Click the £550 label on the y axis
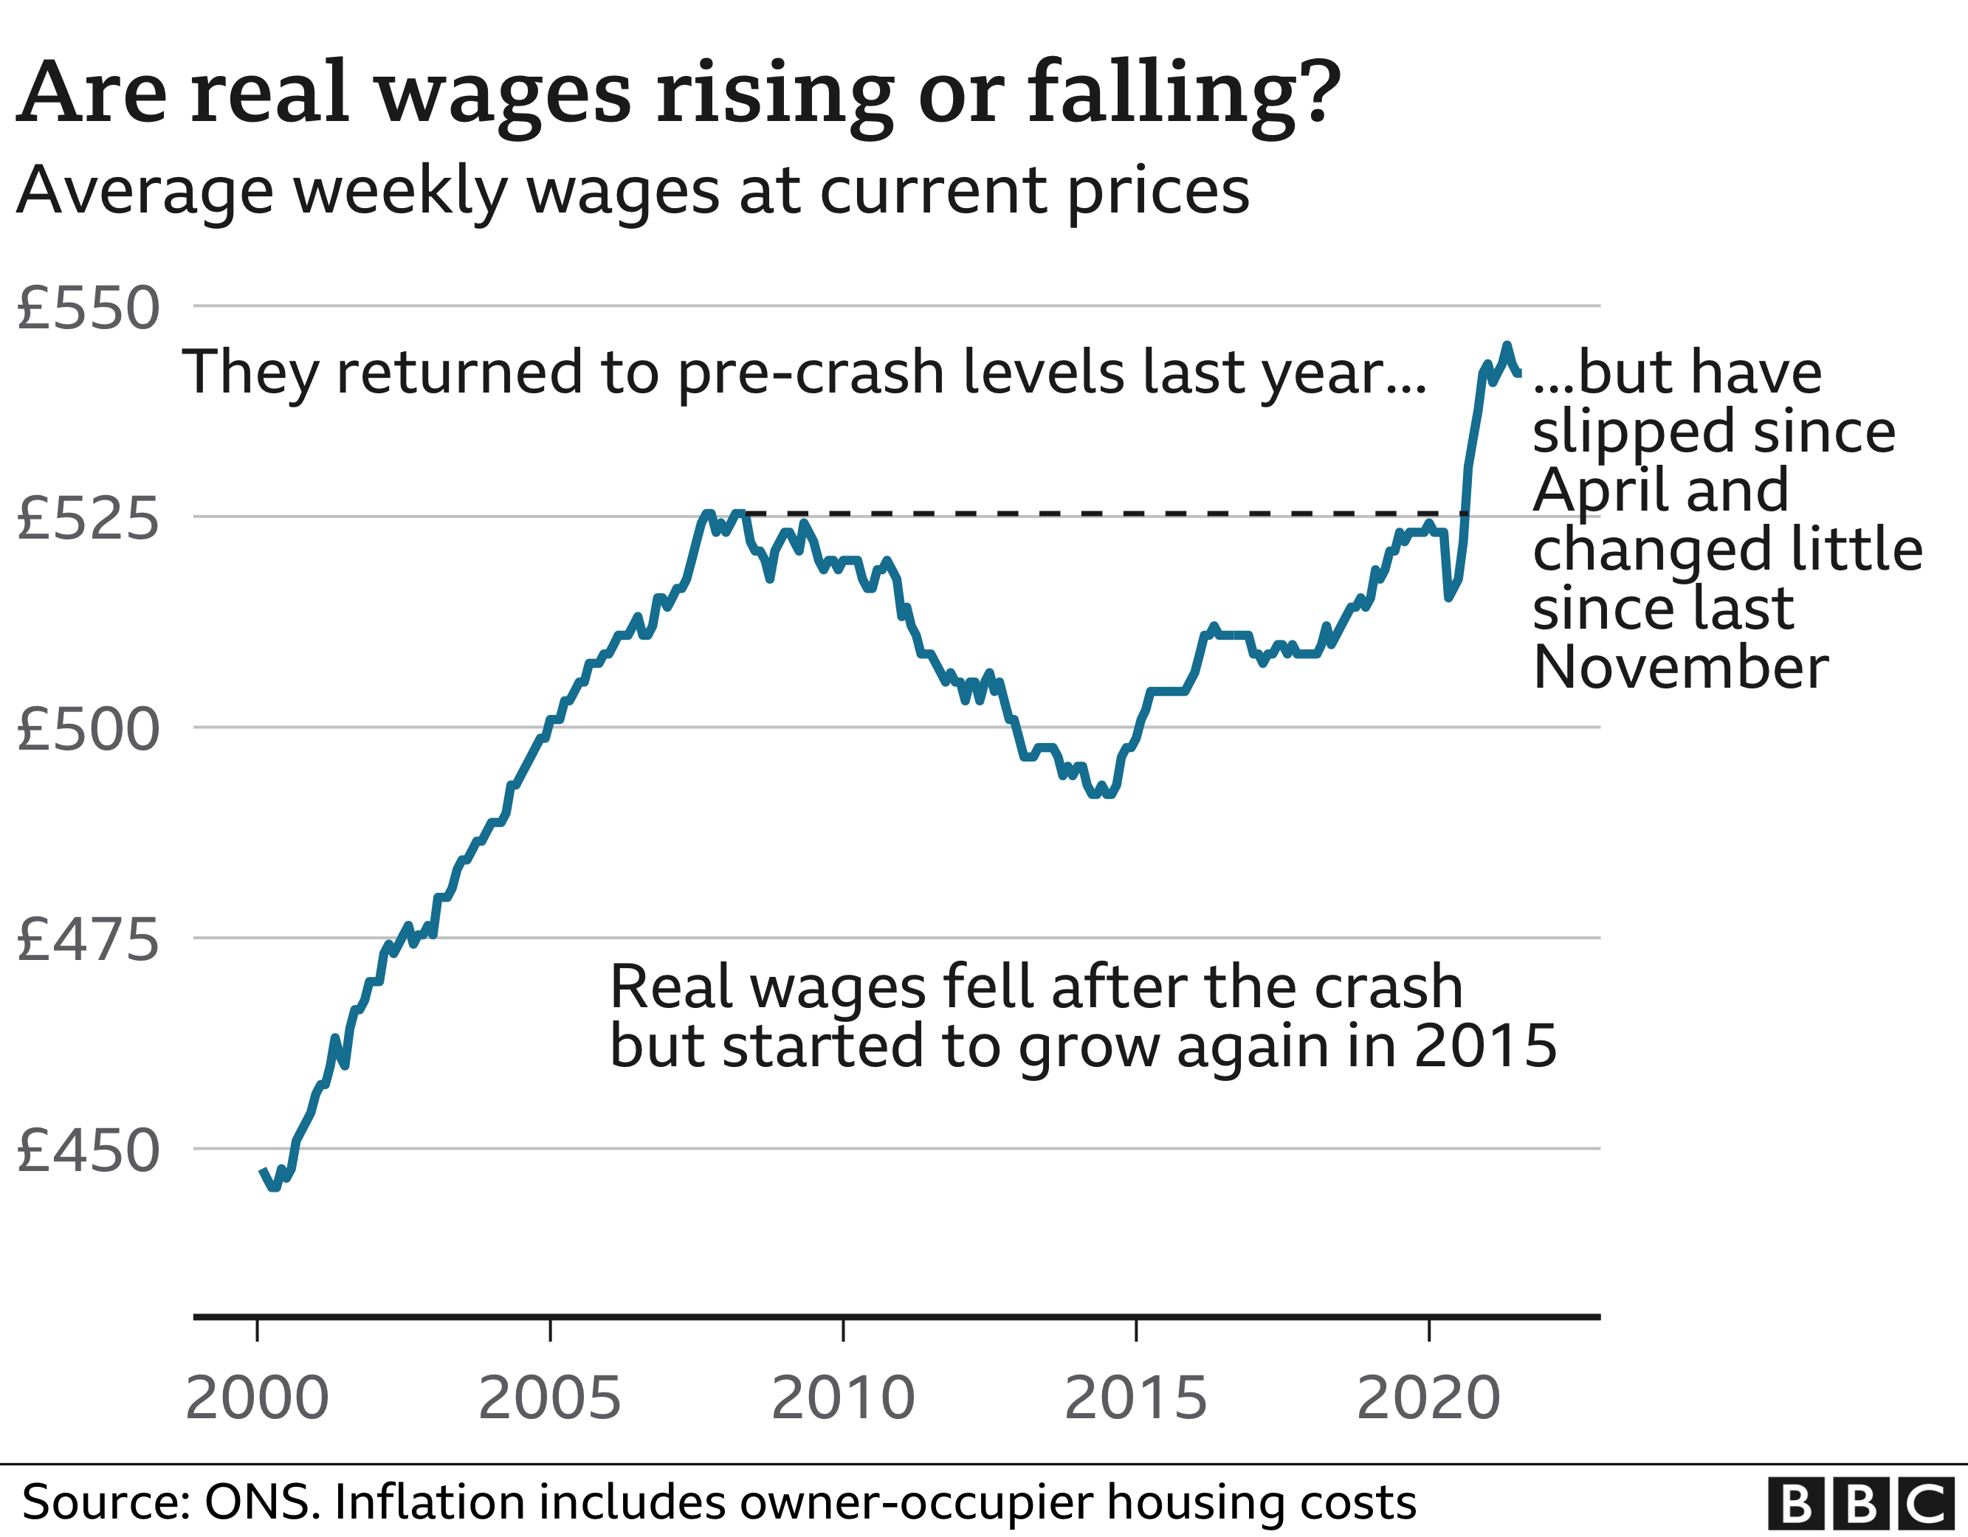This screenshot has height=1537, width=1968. tap(89, 308)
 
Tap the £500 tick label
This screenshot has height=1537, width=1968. tap(89, 730)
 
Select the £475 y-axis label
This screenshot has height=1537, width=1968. tap(89, 941)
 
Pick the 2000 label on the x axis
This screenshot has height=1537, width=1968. tap(257, 1398)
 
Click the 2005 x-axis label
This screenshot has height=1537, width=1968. tap(550, 1398)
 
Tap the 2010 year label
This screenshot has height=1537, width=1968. tap(842, 1398)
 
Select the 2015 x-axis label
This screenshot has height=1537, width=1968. tap(1135, 1398)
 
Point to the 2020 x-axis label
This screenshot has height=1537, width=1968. tap(1428, 1398)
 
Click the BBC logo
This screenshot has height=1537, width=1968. tap(1863, 1504)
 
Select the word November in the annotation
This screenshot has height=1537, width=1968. tap(1681, 668)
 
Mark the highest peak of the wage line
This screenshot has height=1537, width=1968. tap(1506, 345)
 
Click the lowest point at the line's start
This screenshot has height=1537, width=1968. tap(274, 1188)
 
